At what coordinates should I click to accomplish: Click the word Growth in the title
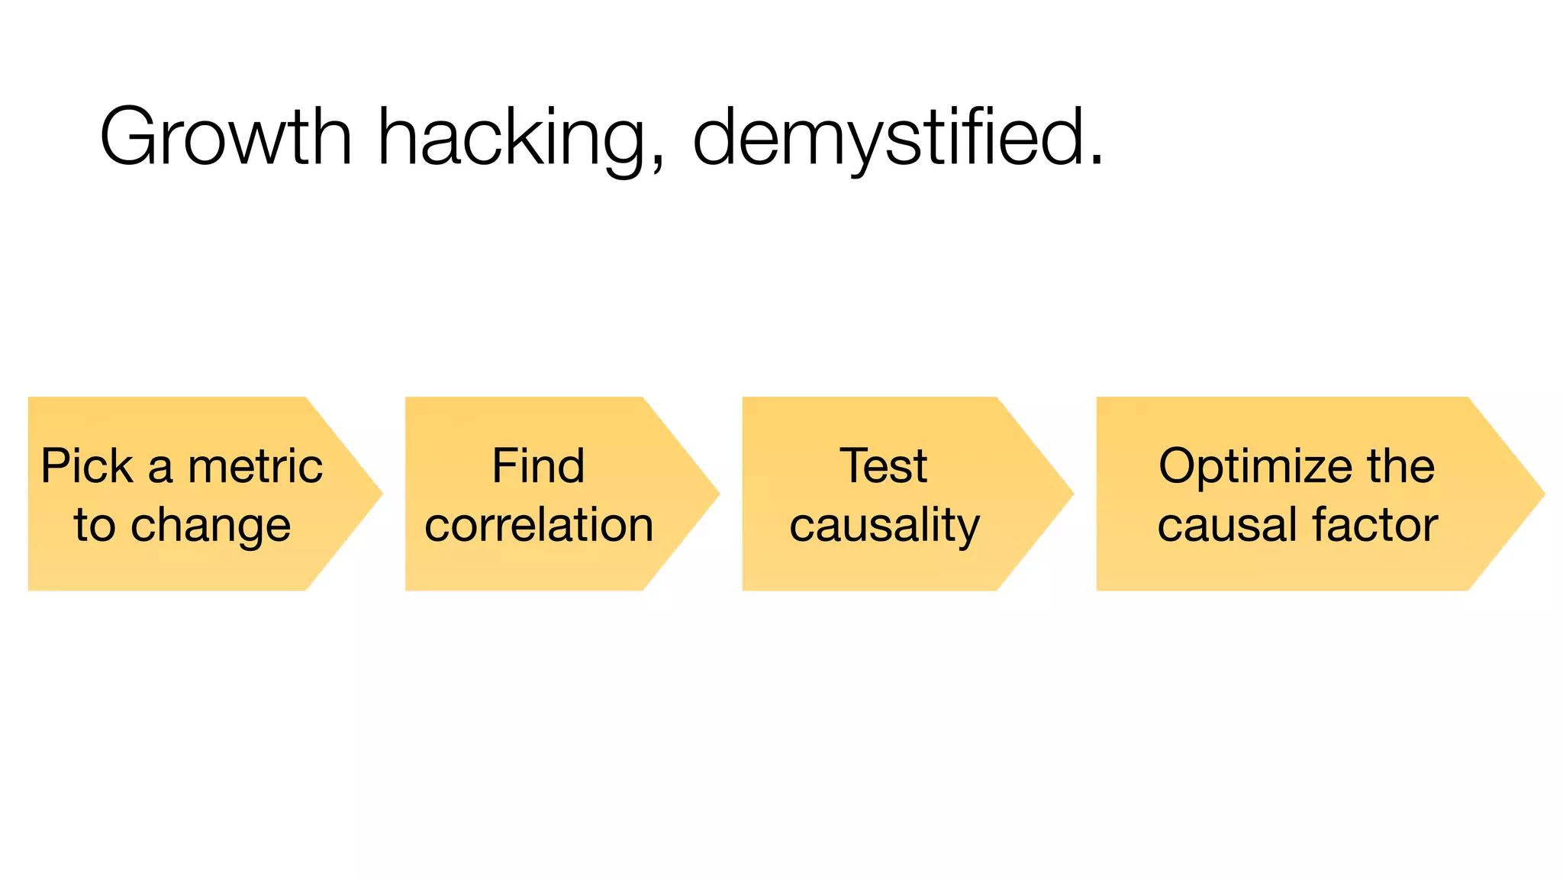tap(226, 137)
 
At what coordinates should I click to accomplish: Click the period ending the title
tap(1097, 159)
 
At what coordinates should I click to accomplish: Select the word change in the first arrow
tap(211, 526)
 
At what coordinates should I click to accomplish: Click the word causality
tap(884, 526)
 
